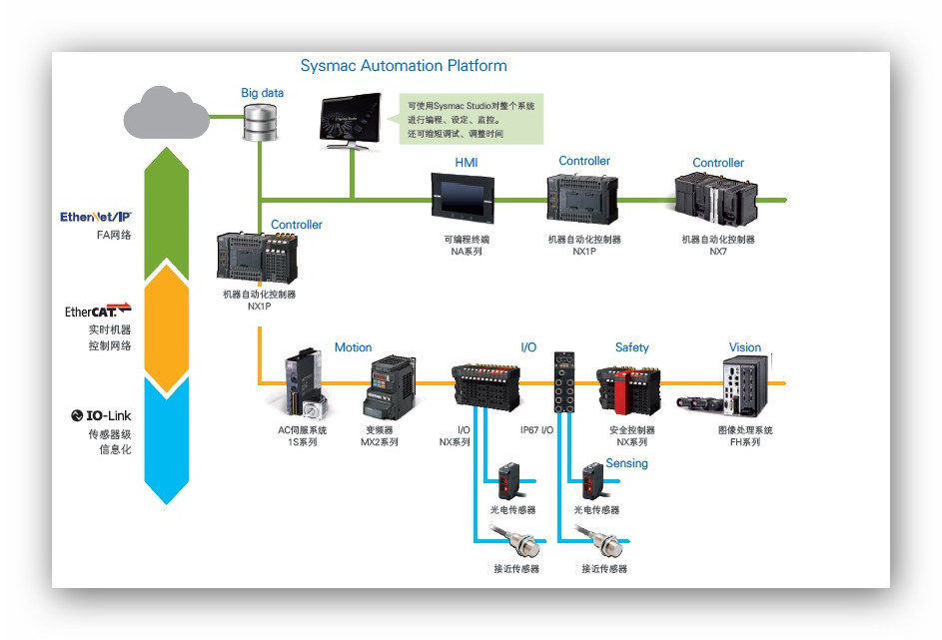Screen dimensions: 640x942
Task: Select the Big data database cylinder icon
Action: [261, 121]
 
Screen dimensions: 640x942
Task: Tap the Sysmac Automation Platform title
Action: [404, 66]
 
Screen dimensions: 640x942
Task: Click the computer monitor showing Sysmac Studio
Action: [351, 120]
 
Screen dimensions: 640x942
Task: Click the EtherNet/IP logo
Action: [96, 216]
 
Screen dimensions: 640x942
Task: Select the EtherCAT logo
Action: [98, 311]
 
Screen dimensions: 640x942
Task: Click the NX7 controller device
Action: [717, 201]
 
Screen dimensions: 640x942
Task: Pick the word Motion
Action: [353, 347]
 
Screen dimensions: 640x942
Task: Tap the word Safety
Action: [631, 347]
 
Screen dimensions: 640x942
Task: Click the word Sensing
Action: [626, 463]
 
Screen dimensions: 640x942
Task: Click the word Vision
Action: [744, 347]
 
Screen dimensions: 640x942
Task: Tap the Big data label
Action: [262, 93]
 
